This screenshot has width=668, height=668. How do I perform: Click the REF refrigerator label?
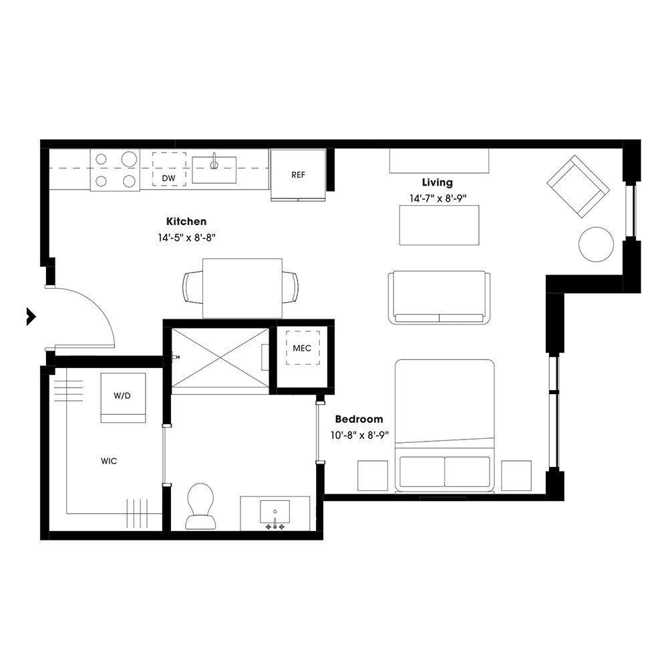pos(298,175)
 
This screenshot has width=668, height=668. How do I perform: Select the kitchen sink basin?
pos(214,170)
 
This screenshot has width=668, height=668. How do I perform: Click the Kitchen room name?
pos(186,221)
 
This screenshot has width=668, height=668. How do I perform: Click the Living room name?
pos(437,182)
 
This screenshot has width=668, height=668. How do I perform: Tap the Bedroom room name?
pos(359,420)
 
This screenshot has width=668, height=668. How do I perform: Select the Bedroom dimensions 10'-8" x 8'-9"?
pos(359,435)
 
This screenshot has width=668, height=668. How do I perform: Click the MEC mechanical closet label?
pos(302,348)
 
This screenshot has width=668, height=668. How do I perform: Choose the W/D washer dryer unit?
pos(122,397)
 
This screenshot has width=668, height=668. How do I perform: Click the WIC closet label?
pos(109,461)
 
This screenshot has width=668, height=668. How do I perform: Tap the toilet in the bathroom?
pos(199,506)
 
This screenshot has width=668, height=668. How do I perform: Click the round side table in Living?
pos(596,244)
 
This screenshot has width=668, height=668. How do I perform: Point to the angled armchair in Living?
pos(578,186)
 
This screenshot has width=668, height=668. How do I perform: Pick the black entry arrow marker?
pos(30,316)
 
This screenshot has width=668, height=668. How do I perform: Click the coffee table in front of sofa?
pos(439,225)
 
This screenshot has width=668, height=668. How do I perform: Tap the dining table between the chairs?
pos(242,288)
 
